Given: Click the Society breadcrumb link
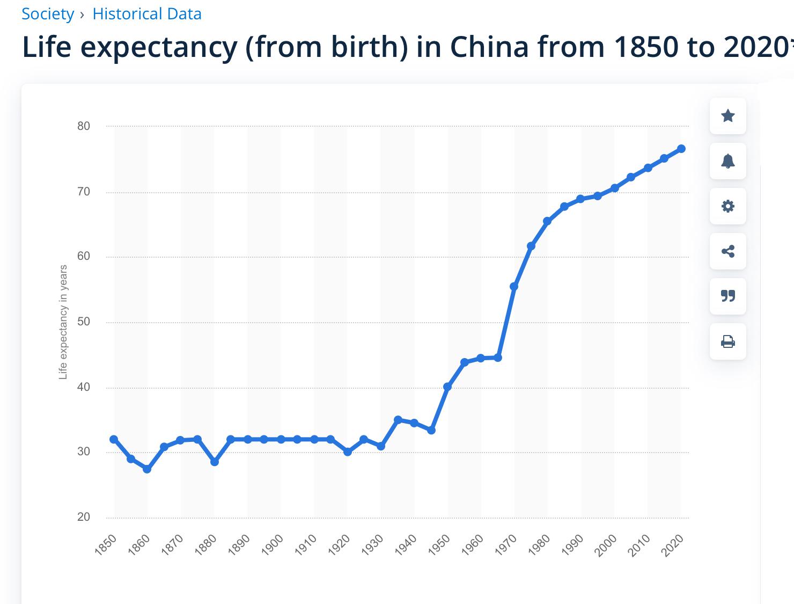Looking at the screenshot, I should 47,14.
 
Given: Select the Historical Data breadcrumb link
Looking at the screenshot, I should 147,14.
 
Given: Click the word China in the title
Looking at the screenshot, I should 489,47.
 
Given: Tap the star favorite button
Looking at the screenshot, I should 727,116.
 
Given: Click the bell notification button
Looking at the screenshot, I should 727,161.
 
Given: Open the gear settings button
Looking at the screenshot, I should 727,206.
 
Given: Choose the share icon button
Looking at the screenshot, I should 727,251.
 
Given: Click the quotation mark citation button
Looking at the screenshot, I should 727,296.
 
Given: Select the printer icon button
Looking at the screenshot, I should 727,341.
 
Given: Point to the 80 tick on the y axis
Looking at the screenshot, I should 84,126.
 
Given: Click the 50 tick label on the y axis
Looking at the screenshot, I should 84,322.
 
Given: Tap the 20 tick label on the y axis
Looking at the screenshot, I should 84,517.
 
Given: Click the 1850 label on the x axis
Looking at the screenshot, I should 106,545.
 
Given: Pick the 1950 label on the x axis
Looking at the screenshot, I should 440,545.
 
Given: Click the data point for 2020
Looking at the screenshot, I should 681,149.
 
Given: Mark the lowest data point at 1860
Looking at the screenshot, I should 147,469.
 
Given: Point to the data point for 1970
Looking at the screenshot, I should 514,287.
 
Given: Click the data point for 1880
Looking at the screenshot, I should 215,462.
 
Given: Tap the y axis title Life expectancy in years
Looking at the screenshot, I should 63,322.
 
